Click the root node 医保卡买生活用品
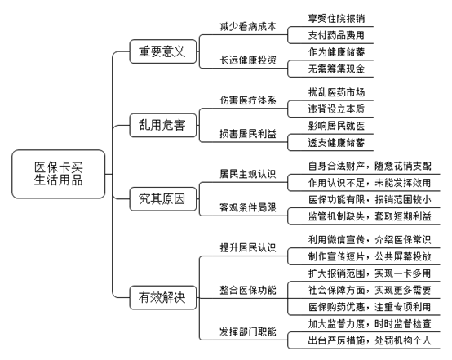pos(59,174)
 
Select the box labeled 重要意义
pos(163,51)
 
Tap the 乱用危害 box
pos(163,125)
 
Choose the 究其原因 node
pos(163,199)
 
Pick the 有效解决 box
pos(163,297)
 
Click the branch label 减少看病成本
pos(248,27)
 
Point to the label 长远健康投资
pos(248,60)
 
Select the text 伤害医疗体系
pos(248,100)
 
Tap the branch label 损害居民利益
pos(248,134)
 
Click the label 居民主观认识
pos(248,174)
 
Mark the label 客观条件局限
pos(248,207)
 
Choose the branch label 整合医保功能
pos(248,290)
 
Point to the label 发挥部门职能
pos(248,331)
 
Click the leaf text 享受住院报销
pos(336,19)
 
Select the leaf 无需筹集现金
pos(336,69)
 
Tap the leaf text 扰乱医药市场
pos(336,92)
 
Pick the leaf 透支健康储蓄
pos(336,143)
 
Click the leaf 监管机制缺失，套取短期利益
pos(370,216)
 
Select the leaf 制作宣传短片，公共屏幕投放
pos(370,256)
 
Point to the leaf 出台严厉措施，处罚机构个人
pos(370,340)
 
